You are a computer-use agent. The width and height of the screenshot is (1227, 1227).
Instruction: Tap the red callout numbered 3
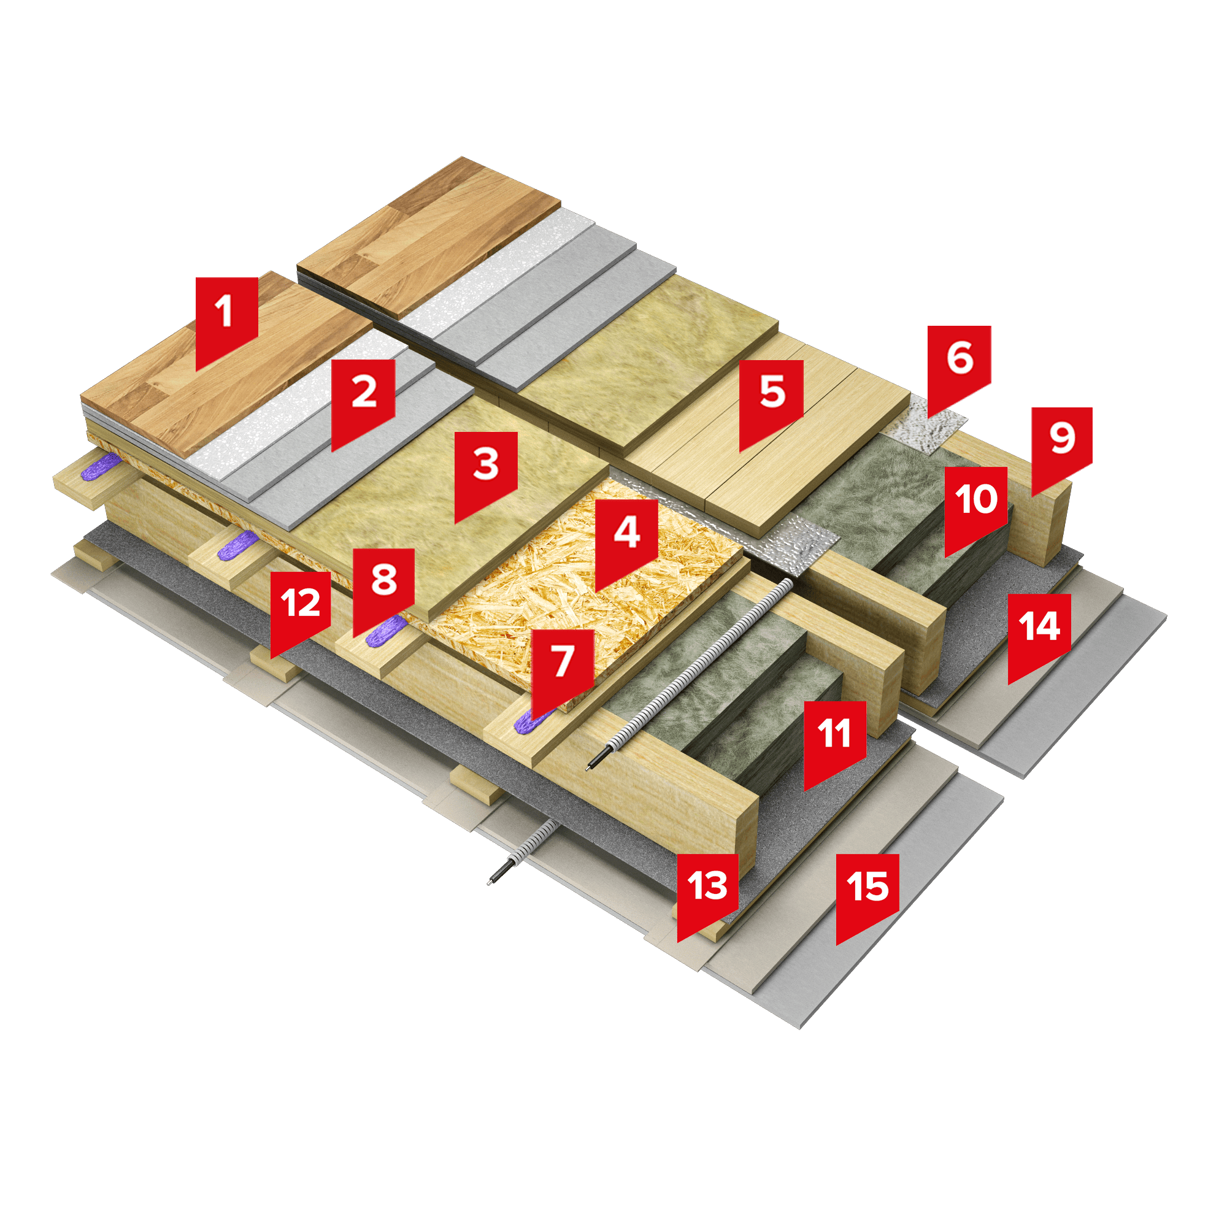tap(486, 474)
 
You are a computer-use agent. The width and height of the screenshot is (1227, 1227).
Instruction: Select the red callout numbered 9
tap(1062, 448)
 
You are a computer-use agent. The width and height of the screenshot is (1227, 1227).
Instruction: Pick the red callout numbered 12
tap(301, 612)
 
